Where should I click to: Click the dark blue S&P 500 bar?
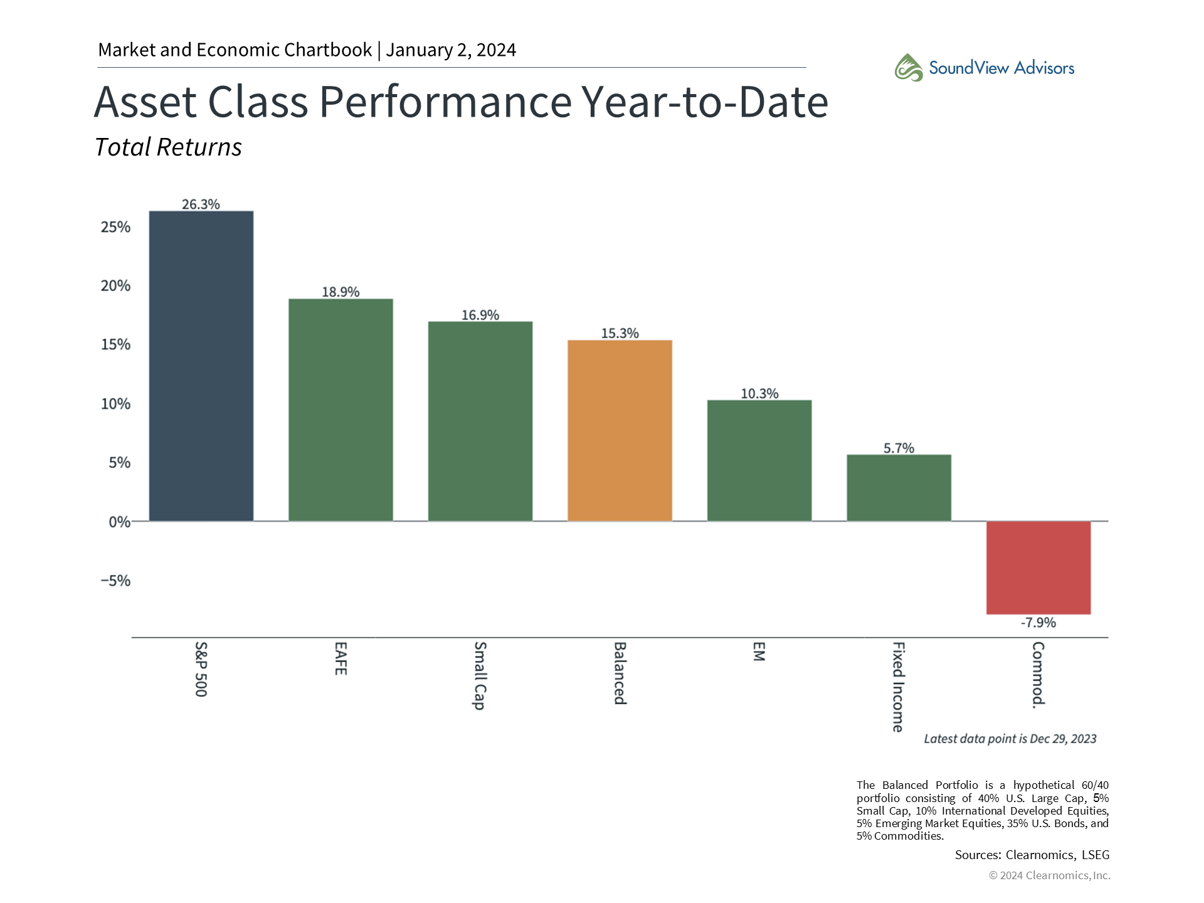pos(201,366)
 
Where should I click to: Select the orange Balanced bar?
pos(620,430)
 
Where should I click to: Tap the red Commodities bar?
pos(1038,568)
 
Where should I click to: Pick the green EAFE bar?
pos(341,409)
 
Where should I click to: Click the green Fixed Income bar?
pos(899,487)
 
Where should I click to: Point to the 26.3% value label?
pos(201,204)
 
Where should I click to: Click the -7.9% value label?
pos(1038,623)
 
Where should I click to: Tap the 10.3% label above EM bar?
pos(759,394)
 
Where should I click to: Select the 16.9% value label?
pos(480,315)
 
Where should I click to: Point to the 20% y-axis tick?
pos(115,286)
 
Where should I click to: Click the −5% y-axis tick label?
pos(115,581)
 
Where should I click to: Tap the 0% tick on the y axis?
pos(119,522)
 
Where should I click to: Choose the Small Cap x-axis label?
pos(480,675)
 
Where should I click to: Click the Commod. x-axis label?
pos(1038,675)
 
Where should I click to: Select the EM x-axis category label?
pos(759,652)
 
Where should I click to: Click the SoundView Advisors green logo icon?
pos(908,68)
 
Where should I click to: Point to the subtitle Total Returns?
pos(168,147)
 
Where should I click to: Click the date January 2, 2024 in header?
pos(451,50)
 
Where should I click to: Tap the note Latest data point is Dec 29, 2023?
pos(1010,739)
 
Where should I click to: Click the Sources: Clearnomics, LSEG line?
pos(1032,855)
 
